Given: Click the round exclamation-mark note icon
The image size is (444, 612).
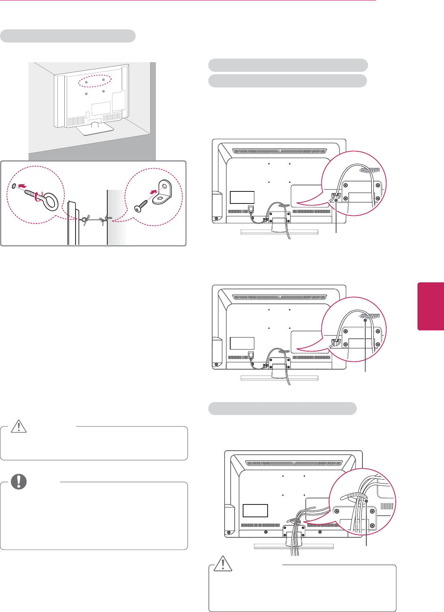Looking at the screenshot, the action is pyautogui.click(x=19, y=482).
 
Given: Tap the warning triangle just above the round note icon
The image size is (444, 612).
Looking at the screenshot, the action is pyautogui.click(x=18, y=427).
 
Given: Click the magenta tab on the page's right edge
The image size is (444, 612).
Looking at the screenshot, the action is pyautogui.click(x=430, y=306).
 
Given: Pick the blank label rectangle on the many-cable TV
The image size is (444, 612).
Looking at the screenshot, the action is pyautogui.click(x=255, y=510).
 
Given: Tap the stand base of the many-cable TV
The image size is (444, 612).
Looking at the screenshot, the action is pyautogui.click(x=294, y=546).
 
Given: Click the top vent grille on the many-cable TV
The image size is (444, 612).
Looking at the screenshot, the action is pyautogui.click(x=294, y=463).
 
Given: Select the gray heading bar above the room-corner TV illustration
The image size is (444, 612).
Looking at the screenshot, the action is pyautogui.click(x=68, y=36).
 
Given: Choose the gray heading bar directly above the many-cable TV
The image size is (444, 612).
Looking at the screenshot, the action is pyautogui.click(x=282, y=409).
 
